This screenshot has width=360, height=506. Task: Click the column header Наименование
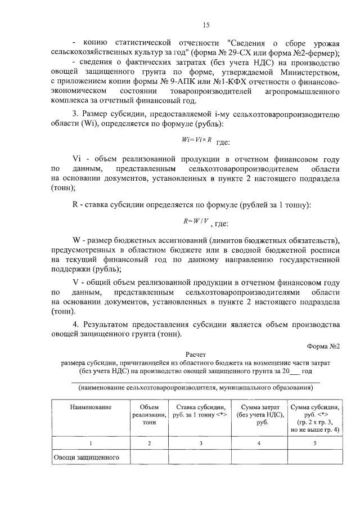pyautogui.click(x=91, y=406)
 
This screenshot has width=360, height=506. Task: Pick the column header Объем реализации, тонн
pyautogui.click(x=148, y=414)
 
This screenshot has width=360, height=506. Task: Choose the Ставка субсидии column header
pyautogui.click(x=201, y=410)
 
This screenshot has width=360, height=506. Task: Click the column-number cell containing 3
pyautogui.click(x=201, y=444)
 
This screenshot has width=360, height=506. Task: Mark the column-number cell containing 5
pyautogui.click(x=314, y=444)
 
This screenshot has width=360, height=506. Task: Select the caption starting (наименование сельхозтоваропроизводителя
pyautogui.click(x=196, y=388)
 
